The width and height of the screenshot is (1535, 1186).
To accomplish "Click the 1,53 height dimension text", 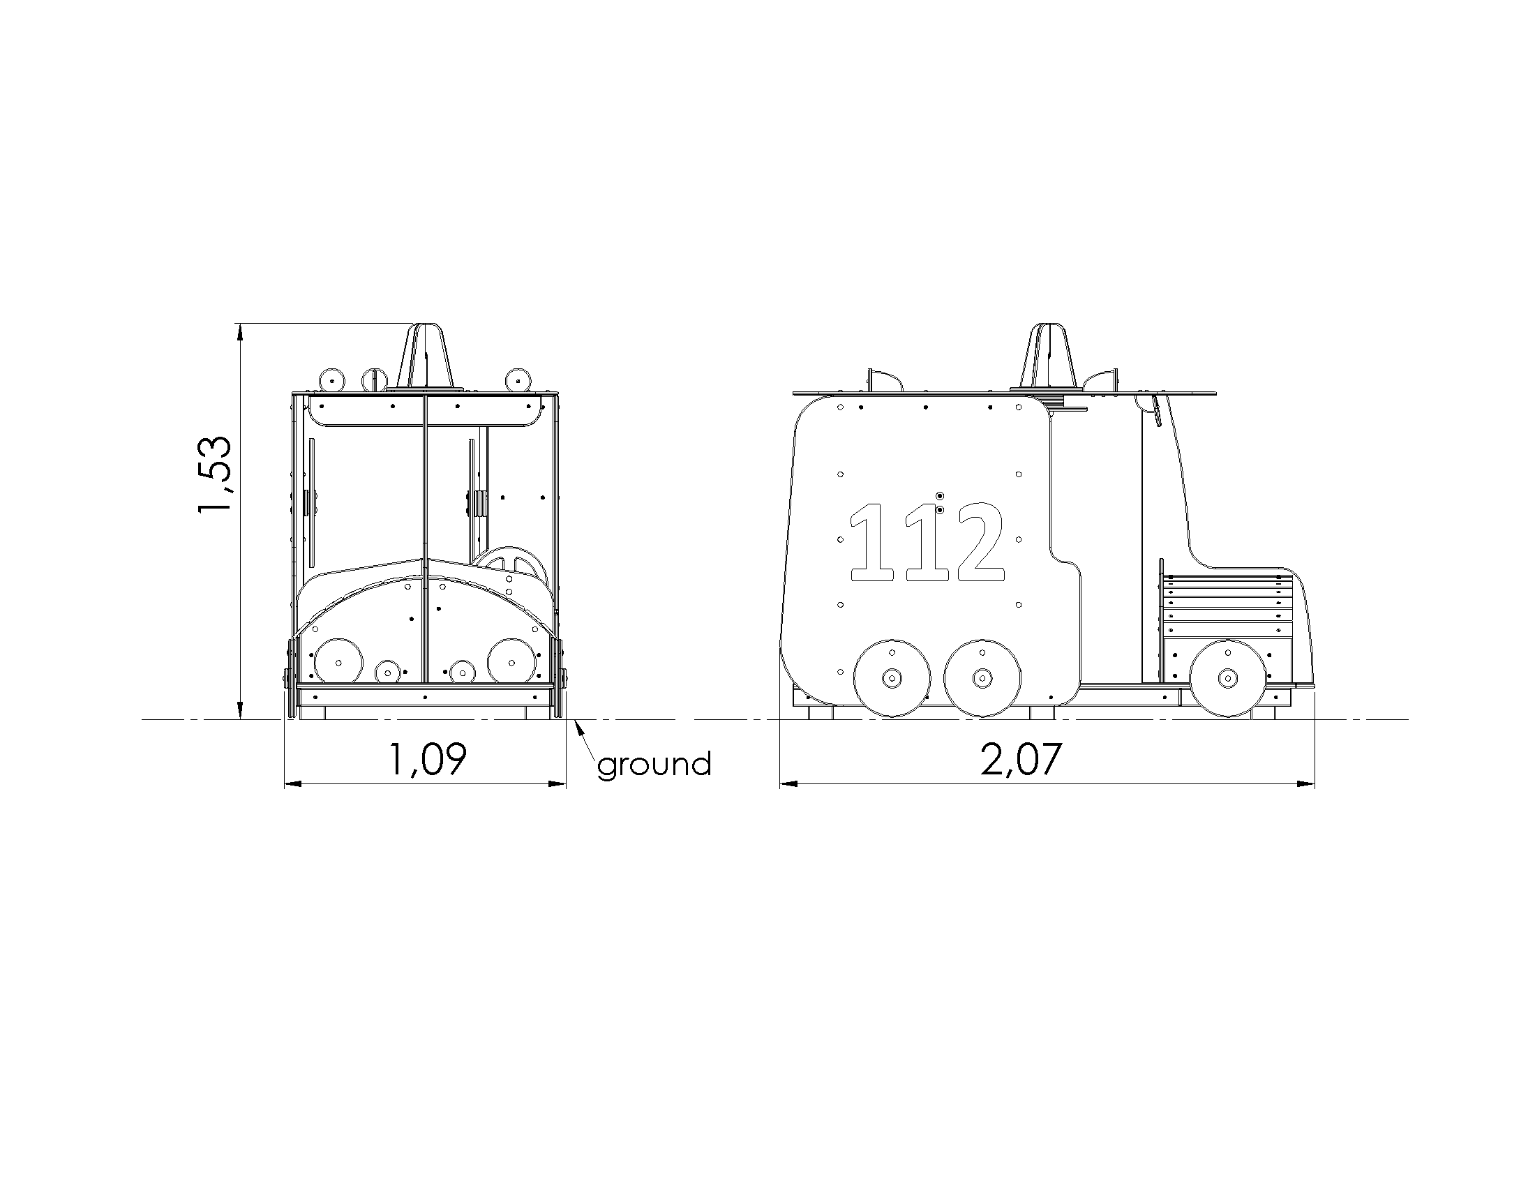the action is click(x=215, y=474).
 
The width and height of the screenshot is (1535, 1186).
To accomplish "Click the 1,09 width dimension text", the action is click(x=426, y=760).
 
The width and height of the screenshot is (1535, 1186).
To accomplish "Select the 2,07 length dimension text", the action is click(x=1021, y=760).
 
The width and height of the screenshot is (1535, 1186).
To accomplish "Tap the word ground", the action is click(x=654, y=765).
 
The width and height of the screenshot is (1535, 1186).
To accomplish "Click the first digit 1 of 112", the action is click(x=871, y=541).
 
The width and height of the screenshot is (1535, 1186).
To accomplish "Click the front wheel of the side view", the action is click(x=1227, y=678).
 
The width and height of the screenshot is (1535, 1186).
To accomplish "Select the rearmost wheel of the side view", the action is click(x=892, y=678).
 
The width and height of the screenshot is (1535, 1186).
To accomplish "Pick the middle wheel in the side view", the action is click(x=982, y=678).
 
